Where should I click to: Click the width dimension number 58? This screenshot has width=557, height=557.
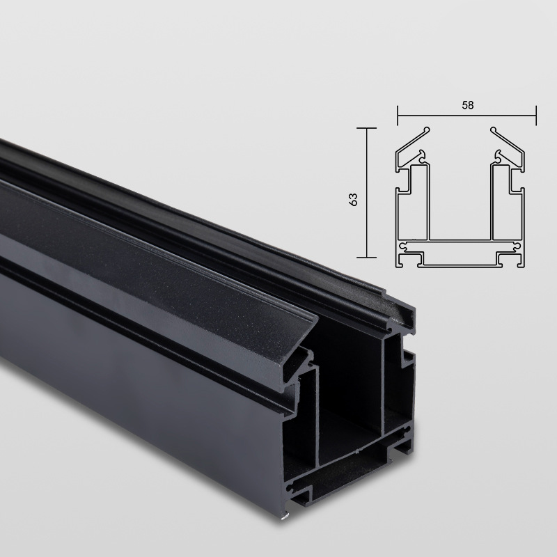(467, 106)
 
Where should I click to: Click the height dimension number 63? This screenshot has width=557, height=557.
(353, 198)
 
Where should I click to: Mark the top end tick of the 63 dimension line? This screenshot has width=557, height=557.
(367, 128)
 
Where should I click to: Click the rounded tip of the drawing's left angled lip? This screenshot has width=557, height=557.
(427, 130)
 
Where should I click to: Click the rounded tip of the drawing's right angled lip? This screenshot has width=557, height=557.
(493, 130)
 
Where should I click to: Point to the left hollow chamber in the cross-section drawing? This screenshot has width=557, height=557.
(412, 202)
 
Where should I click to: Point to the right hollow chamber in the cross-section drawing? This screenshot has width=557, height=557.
(507, 202)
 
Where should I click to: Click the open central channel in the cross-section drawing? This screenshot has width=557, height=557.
(460, 202)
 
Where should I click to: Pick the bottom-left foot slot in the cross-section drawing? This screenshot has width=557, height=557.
(411, 261)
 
